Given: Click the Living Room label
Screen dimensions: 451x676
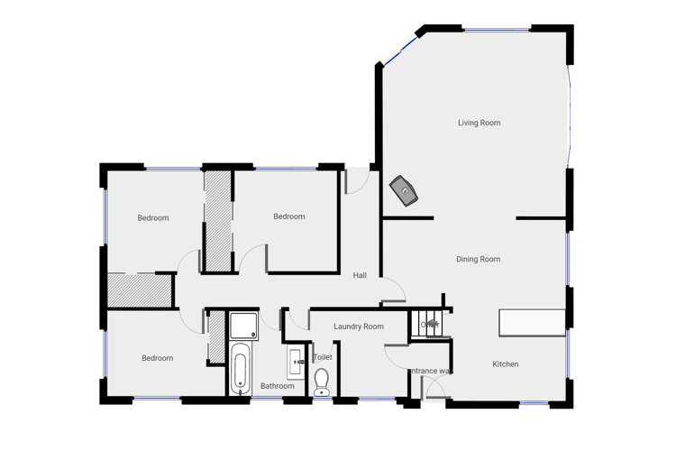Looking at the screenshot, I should coord(479,123).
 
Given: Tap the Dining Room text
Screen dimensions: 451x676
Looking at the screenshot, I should coord(478,259).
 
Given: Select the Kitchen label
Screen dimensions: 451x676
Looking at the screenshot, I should coord(505,364).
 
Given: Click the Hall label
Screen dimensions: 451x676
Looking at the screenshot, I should coord(360,275).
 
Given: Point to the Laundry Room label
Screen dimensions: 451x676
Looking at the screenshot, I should coord(359,327).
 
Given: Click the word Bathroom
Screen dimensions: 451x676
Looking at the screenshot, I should coord(278,386).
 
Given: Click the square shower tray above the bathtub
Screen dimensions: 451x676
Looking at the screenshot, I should coord(242,326).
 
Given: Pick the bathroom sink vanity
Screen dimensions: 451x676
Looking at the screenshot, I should coord(297,364).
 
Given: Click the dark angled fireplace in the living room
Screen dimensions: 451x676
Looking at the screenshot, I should coord(405,191).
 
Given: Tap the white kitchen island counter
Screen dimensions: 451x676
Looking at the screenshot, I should coord(533,322).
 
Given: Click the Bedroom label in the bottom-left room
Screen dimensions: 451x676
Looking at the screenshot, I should coord(157,358).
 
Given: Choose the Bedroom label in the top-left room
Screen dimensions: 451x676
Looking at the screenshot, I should coord(153,217).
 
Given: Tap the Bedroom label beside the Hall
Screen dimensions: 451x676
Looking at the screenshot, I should coord(289,216).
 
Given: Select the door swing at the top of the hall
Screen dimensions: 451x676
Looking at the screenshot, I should coord(356,179).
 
